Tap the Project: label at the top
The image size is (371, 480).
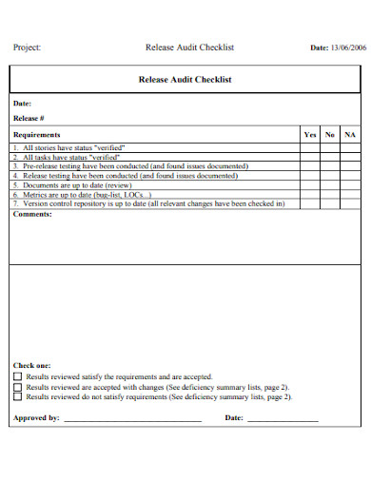tap(27, 47)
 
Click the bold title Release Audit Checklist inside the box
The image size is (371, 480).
tap(185, 81)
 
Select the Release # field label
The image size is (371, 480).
tap(29, 119)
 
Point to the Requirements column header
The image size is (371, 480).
tap(37, 135)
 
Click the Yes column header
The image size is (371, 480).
tap(310, 135)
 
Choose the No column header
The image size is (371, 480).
tap(330, 135)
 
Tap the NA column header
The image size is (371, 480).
tap(350, 135)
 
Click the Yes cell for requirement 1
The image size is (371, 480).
tap(310, 148)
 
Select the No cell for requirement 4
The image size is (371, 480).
tap(330, 176)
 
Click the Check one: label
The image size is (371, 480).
tap(31, 365)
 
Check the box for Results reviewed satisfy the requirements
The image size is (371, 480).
tap(17, 377)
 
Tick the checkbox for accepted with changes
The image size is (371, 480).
tap(17, 388)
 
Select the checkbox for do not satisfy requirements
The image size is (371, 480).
tap(17, 398)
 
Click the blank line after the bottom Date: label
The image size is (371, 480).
tap(283, 419)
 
